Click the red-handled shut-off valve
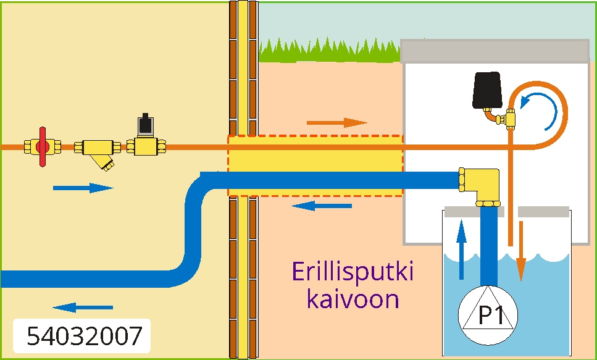[42, 147]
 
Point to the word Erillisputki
[353, 273]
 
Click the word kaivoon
[353, 300]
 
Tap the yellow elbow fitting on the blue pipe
[481, 185]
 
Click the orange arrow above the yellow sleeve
[336, 122]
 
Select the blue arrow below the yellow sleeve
[321, 206]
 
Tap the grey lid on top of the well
[495, 51]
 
